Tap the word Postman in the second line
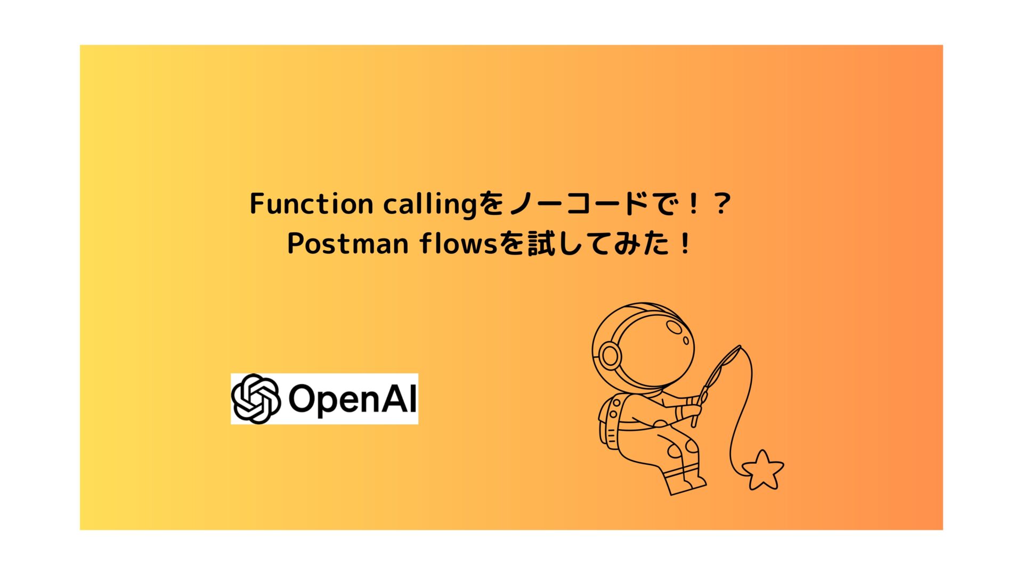[x=347, y=244]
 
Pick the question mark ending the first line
[x=722, y=204]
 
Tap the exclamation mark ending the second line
[x=685, y=244]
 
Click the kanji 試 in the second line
[x=542, y=244]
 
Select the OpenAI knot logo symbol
[x=256, y=399]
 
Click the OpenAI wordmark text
[x=352, y=399]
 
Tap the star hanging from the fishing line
[x=762, y=470]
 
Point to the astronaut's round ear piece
[x=610, y=354]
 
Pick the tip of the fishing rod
[x=740, y=347]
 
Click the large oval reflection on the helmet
[x=675, y=326]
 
